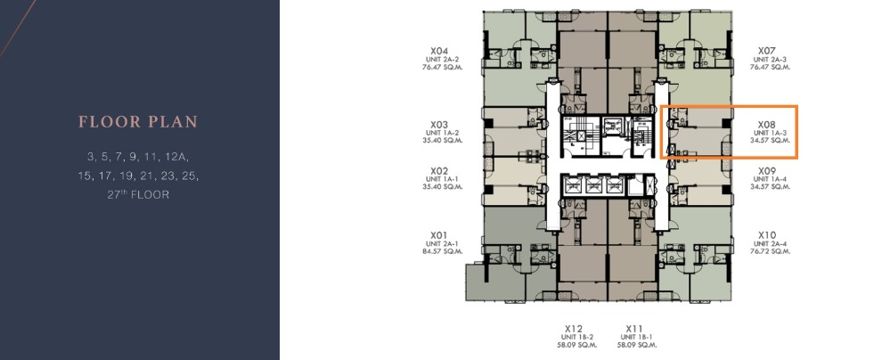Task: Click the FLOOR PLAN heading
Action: pyautogui.click(x=138, y=121)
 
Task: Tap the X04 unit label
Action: pyautogui.click(x=438, y=51)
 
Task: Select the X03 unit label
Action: pyautogui.click(x=438, y=125)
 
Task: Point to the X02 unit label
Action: pyautogui.click(x=438, y=171)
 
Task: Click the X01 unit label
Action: pyautogui.click(x=438, y=235)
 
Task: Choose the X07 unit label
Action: pyautogui.click(x=767, y=51)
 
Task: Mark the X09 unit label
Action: pyautogui.click(x=767, y=171)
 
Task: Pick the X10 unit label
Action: pyautogui.click(x=767, y=235)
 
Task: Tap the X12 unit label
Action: pyautogui.click(x=574, y=328)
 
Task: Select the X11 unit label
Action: pyautogui.click(x=634, y=328)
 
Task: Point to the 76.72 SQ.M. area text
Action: pyautogui.click(x=769, y=252)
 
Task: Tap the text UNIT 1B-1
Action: pyautogui.click(x=634, y=336)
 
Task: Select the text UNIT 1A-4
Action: pyautogui.click(x=769, y=179)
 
